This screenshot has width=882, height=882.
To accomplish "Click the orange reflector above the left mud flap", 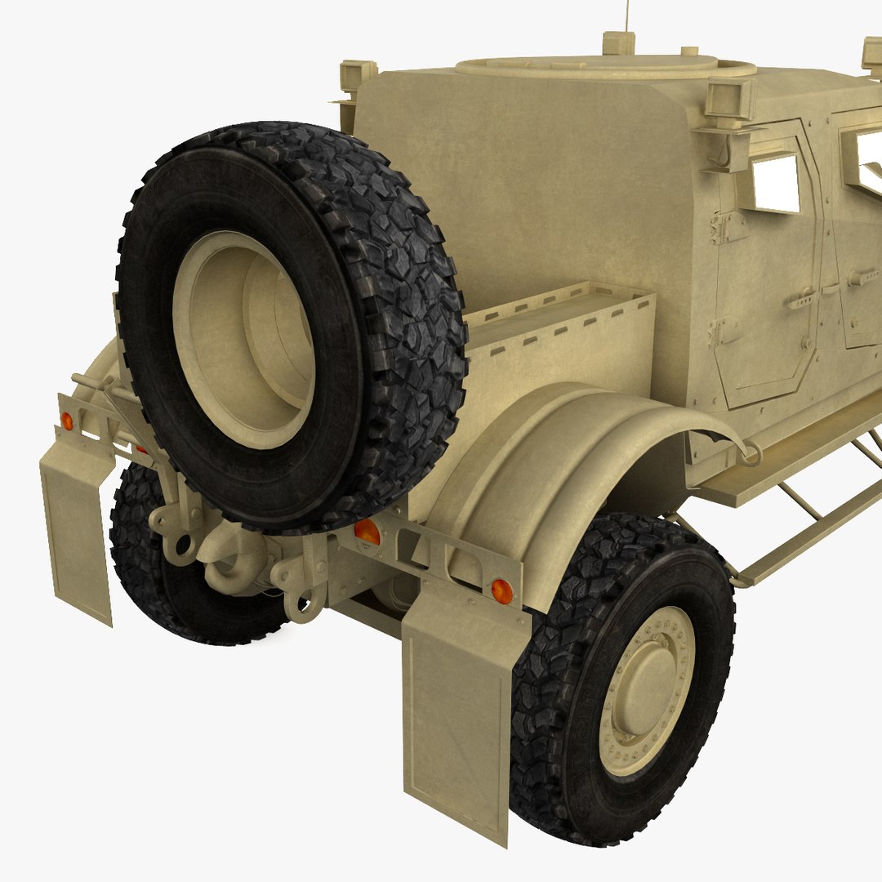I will point(67,421).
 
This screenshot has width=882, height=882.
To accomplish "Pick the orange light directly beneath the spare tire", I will point(367,532).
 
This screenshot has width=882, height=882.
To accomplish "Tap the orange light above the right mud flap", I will point(501,590).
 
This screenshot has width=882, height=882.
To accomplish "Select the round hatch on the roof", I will point(604,65).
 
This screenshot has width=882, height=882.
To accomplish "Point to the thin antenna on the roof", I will point(627,16).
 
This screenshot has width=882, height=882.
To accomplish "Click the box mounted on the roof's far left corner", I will point(357,75).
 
